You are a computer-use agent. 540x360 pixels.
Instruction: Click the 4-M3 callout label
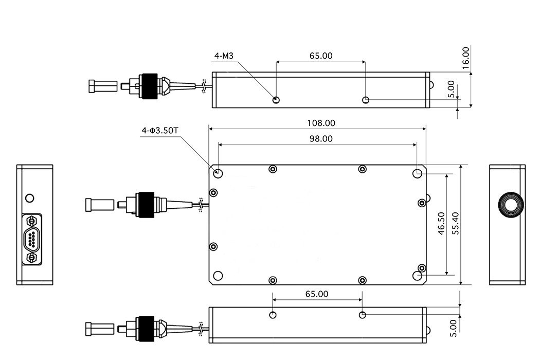(224, 56)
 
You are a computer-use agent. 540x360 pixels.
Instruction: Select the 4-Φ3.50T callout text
(160, 131)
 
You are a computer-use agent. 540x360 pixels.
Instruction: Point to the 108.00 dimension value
(321, 123)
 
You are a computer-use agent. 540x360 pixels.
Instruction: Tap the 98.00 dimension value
(321, 138)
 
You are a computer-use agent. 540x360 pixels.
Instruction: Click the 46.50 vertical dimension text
(441, 224)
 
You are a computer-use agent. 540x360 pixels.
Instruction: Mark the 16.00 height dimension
(465, 58)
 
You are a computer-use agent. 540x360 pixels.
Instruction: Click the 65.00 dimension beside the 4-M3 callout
(321, 56)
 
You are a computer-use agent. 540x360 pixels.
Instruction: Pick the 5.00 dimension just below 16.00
(451, 89)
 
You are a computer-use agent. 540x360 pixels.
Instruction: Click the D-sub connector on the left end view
(32, 239)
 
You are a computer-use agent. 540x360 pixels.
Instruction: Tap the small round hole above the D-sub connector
(30, 198)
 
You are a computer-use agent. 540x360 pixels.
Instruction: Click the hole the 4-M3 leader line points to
(276, 100)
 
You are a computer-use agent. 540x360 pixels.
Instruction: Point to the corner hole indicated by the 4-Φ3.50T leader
(218, 173)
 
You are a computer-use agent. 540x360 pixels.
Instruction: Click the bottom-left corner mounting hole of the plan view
(218, 276)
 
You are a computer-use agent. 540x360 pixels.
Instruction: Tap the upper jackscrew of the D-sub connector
(32, 220)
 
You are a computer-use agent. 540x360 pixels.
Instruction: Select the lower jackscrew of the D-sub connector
(32, 258)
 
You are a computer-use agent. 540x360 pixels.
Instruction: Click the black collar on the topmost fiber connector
(149, 86)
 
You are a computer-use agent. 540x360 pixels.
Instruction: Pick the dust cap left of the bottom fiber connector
(100, 329)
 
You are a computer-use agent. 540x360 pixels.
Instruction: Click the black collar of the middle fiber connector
(146, 205)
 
